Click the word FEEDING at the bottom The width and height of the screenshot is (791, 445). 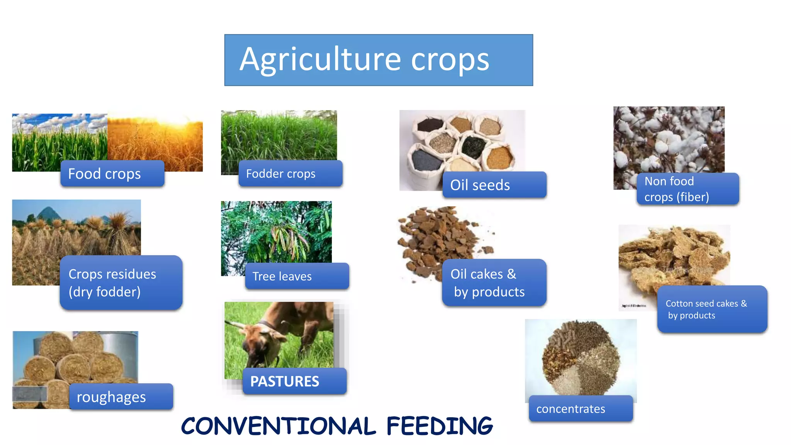(x=440, y=426)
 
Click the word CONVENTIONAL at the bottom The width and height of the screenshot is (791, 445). (x=278, y=426)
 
